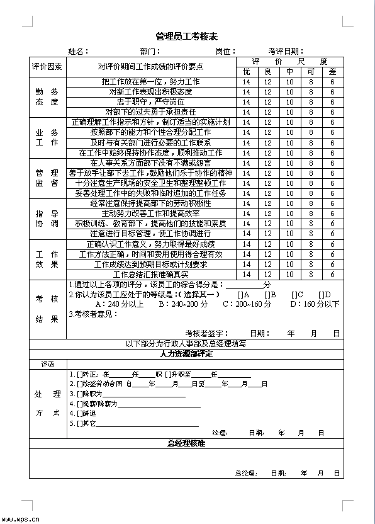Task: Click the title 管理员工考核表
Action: point(187,37)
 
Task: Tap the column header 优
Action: point(247,72)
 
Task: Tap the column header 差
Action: point(332,72)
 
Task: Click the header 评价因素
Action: point(47,66)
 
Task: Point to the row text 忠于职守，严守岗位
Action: point(150,101)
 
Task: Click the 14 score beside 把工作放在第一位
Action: point(247,82)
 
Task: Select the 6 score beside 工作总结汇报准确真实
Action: point(332,275)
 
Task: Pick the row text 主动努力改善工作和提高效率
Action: point(150,214)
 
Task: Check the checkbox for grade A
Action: point(240,295)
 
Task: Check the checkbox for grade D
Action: point(320,295)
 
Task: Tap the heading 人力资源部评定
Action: point(186,354)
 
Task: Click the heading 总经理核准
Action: point(186,443)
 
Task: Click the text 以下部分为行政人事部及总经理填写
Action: point(186,344)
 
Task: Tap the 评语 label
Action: point(47,365)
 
